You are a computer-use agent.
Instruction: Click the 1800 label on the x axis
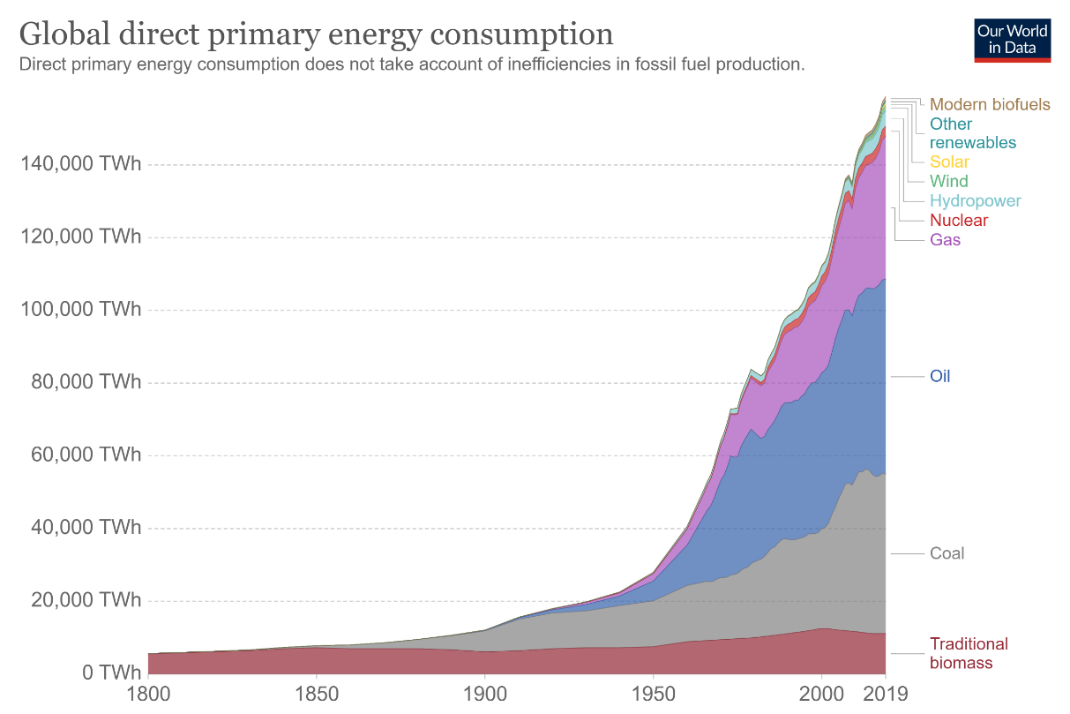click(x=149, y=693)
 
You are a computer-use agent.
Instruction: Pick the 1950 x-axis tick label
click(x=653, y=693)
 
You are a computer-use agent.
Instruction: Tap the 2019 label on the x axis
click(x=886, y=693)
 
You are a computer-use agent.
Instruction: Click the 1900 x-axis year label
click(x=484, y=693)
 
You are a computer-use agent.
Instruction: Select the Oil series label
click(x=939, y=377)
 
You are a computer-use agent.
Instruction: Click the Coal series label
click(x=947, y=553)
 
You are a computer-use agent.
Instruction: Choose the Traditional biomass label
click(x=969, y=654)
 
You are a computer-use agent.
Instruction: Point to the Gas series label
click(x=945, y=240)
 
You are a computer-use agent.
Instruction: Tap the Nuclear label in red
click(x=959, y=221)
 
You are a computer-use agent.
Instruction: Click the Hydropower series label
click(x=975, y=201)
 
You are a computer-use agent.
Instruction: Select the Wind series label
click(x=948, y=182)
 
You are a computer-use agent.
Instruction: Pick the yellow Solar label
click(x=949, y=162)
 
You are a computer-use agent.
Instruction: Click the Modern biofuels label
click(x=990, y=105)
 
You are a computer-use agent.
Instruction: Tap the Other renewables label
click(x=972, y=133)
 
